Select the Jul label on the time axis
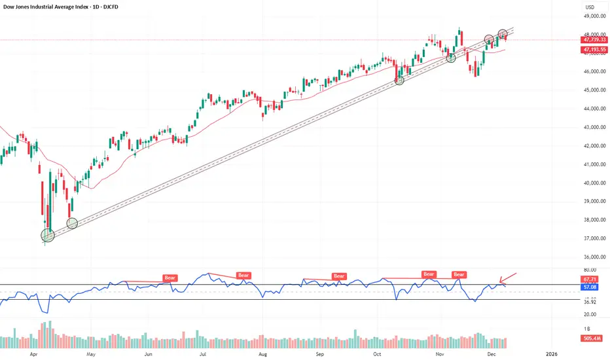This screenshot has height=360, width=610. [204, 352]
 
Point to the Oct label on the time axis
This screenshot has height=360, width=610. [377, 352]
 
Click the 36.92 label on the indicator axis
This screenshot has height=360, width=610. [591, 302]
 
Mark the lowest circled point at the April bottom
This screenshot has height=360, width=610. [48, 235]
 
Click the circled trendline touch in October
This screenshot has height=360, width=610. [399, 80]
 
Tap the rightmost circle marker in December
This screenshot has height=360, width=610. [503, 33]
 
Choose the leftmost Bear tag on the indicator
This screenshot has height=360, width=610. [170, 278]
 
